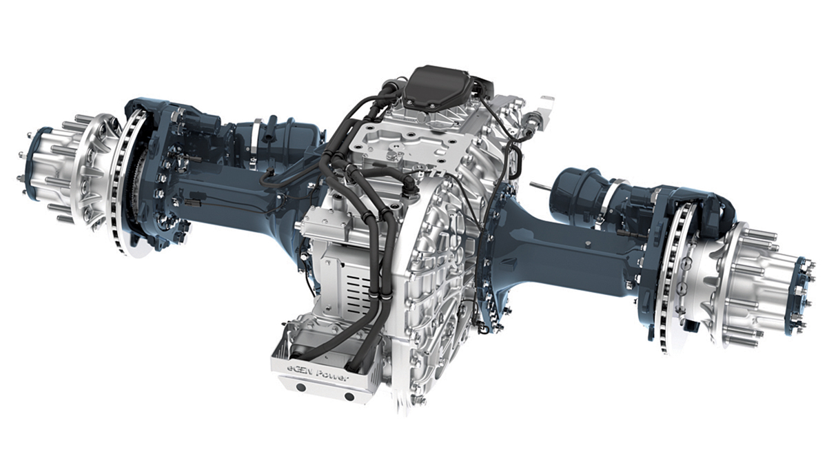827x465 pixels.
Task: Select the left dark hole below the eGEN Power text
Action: pos(301,387)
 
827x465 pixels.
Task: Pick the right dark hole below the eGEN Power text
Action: pos(349,397)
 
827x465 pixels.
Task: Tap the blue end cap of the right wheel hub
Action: pos(802,296)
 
